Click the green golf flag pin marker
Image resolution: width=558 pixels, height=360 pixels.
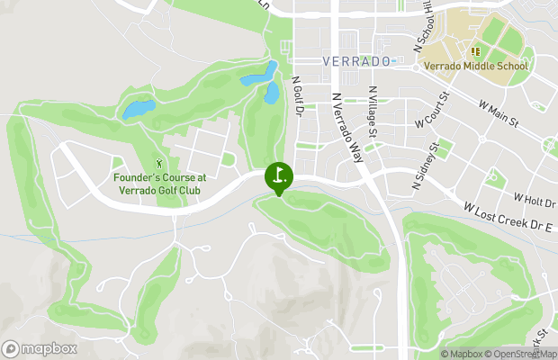coord(279,177)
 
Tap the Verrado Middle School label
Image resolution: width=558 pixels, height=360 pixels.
coord(474,67)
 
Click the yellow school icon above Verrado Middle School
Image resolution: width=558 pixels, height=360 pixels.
coord(474,52)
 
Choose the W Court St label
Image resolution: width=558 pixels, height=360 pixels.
coord(431,109)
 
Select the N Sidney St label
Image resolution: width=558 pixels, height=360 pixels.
coord(424,165)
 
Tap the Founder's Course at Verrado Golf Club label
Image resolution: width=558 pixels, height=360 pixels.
coord(160,184)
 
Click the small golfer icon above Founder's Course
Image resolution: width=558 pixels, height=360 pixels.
coord(160,164)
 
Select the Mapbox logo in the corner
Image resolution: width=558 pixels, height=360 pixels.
coord(40,348)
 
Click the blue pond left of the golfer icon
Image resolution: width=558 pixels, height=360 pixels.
coord(138,110)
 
